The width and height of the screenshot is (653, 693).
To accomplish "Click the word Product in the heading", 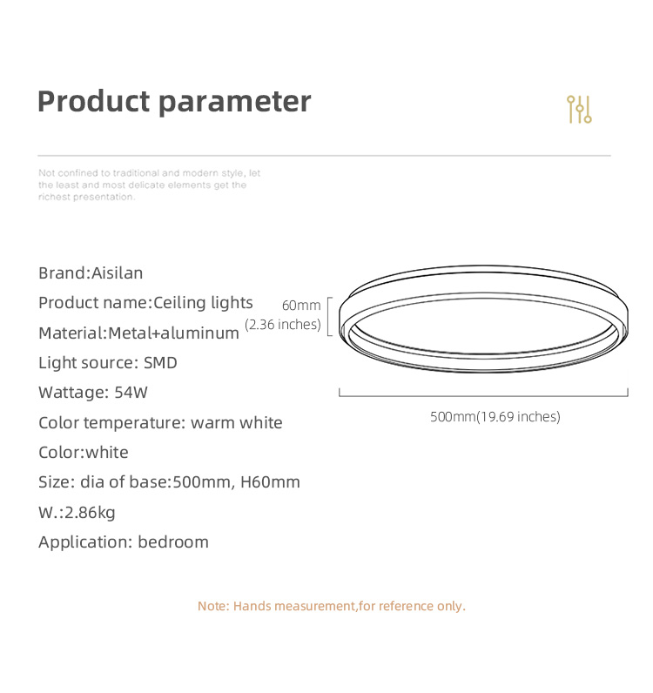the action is [x=94, y=101].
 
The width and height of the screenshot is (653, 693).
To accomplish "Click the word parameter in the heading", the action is [x=235, y=104].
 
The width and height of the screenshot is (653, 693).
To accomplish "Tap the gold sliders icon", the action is [x=579, y=109].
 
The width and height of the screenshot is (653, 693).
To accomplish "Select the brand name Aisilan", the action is [x=118, y=273].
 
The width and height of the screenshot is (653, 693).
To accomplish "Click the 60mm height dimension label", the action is [x=301, y=305].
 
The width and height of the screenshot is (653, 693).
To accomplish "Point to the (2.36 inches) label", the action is [x=283, y=325].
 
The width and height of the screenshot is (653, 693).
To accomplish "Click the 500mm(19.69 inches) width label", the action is [x=495, y=417].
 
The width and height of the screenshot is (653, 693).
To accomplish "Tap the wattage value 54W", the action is [x=131, y=393].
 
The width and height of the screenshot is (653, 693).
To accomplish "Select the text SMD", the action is [x=160, y=363].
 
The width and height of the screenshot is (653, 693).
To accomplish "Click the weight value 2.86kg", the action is [x=90, y=513].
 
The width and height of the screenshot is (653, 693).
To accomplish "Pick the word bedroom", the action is [x=173, y=542].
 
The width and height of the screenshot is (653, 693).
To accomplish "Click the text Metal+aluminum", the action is [x=174, y=333].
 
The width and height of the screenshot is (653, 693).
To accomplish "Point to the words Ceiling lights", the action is [x=203, y=303].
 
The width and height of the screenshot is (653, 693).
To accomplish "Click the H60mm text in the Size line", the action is [x=270, y=482].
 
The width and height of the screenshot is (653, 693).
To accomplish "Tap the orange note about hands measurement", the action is [x=332, y=606].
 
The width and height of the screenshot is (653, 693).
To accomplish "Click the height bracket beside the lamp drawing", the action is [x=328, y=316].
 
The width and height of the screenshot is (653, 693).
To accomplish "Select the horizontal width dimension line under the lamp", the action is [x=483, y=395].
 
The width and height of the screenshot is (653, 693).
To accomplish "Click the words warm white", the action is [x=237, y=423].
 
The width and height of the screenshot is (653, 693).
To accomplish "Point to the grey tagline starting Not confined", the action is [x=150, y=185].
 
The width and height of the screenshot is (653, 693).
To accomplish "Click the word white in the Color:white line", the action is [x=107, y=453].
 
